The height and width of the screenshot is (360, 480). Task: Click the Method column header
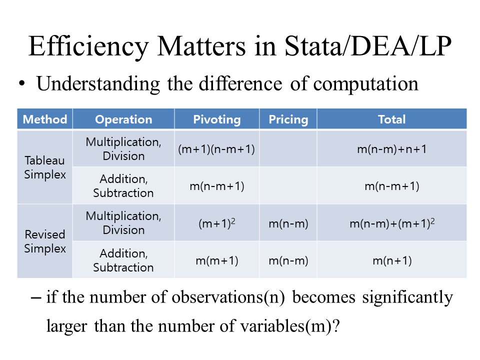(45, 119)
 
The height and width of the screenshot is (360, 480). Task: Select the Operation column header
(123, 119)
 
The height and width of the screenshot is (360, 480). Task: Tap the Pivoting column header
(217, 119)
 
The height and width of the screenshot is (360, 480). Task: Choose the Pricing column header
(288, 119)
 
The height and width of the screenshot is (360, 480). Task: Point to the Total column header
(392, 119)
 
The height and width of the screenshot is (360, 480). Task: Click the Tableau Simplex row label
(45, 167)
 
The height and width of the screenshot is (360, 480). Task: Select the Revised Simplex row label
(45, 241)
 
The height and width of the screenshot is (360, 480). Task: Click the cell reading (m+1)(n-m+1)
(216, 149)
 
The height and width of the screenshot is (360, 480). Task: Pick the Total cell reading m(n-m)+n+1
(392, 149)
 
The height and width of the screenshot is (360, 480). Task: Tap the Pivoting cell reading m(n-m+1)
(217, 186)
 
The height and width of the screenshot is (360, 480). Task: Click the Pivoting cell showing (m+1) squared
(217, 223)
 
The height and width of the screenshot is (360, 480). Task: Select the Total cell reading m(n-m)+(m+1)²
(392, 223)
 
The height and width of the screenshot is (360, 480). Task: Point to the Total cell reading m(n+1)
(392, 261)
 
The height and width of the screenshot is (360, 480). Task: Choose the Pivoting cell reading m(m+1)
(217, 261)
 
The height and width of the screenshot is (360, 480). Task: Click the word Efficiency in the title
(88, 46)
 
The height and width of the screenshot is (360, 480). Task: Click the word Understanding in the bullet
(98, 84)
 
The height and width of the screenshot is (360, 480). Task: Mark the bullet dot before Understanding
(21, 83)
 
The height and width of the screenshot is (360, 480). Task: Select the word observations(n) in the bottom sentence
(228, 297)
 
